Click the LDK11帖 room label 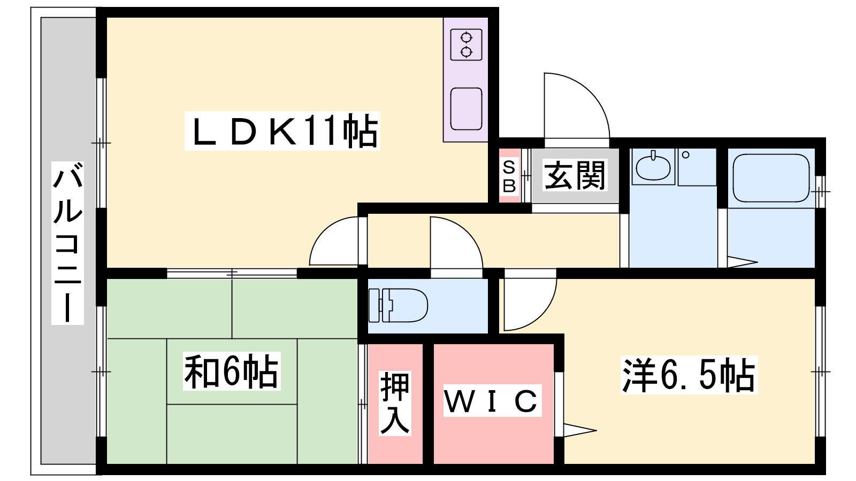click(282, 131)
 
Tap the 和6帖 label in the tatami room click(232, 371)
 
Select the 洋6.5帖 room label click(689, 375)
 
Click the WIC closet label click(492, 400)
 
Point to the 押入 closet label click(395, 403)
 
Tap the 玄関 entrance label click(575, 175)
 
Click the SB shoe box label click(509, 176)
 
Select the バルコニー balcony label click(67, 243)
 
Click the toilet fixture click(398, 305)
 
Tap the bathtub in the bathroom click(771, 178)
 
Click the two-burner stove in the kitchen click(466, 45)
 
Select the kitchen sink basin click(466, 109)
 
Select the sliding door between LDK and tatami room click(232, 273)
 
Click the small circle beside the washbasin click(685, 155)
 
